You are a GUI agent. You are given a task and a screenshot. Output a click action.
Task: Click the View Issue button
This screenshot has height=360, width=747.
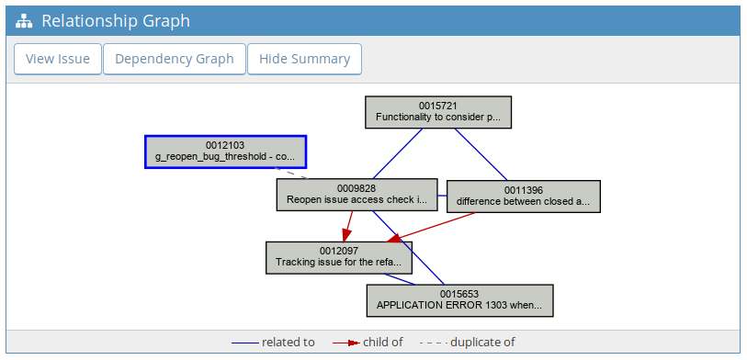pos(58,59)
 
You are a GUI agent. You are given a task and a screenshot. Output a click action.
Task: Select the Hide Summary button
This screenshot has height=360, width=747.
pos(304,59)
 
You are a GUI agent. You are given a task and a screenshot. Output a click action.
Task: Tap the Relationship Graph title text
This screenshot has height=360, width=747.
pos(116,21)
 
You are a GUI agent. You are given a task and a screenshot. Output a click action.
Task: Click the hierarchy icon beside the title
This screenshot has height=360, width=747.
pos(24,21)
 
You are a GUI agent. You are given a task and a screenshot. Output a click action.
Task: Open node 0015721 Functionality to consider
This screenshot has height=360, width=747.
pos(438,112)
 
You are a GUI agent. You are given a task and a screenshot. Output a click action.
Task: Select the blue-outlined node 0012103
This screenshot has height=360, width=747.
pos(225,152)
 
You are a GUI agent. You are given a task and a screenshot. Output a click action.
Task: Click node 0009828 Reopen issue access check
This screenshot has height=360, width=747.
pos(357,195)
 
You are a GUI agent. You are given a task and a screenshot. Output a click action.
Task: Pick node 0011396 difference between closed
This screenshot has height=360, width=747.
pos(523,197)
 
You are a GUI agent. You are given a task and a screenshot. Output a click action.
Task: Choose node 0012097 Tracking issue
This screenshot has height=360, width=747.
pos(339,258)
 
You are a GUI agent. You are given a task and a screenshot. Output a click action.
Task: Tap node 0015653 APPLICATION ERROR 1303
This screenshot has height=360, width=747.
pos(459,300)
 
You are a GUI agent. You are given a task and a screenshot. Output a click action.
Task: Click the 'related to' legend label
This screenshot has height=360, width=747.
pos(289,343)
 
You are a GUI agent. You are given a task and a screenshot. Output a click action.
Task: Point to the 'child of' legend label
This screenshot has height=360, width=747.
pos(383,343)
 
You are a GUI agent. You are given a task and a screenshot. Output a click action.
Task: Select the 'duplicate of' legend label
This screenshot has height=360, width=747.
pos(482,343)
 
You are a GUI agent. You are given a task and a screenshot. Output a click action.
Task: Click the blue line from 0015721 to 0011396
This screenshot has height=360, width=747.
pos(481,154)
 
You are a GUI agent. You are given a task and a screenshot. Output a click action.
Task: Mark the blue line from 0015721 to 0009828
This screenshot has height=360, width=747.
pos(398,153)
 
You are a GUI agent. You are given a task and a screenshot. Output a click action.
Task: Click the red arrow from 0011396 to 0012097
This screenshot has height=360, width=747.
pos(431,227)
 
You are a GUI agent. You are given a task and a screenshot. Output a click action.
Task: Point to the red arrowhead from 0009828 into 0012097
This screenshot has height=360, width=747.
pos(346,235)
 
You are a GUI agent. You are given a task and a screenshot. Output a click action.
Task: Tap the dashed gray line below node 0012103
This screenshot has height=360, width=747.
pos(291,174)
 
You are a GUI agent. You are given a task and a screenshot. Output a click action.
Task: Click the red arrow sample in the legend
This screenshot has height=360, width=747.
pos(345,343)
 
